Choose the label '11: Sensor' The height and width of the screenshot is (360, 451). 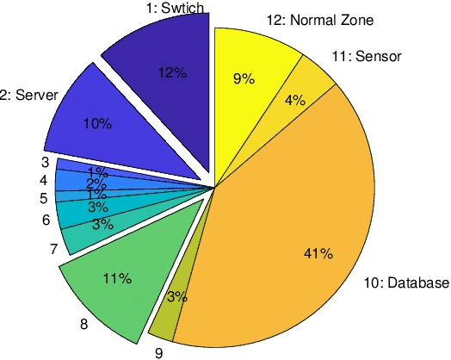point(367,58)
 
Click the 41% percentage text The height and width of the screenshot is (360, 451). point(318,253)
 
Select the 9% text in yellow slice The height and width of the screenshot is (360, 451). point(244,79)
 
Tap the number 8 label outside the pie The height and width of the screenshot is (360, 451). point(83,325)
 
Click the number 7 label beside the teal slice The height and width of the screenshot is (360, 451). point(53,250)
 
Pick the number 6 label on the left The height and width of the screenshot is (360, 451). point(46,220)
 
